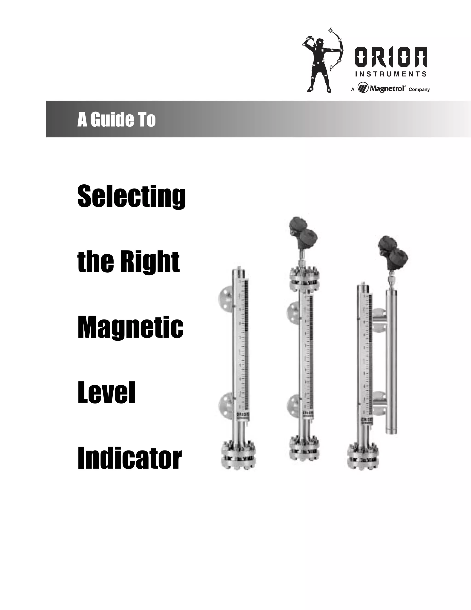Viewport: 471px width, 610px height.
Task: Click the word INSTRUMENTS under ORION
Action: point(391,74)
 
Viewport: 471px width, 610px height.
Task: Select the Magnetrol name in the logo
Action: point(387,89)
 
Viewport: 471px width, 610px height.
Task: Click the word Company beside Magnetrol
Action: point(419,90)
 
